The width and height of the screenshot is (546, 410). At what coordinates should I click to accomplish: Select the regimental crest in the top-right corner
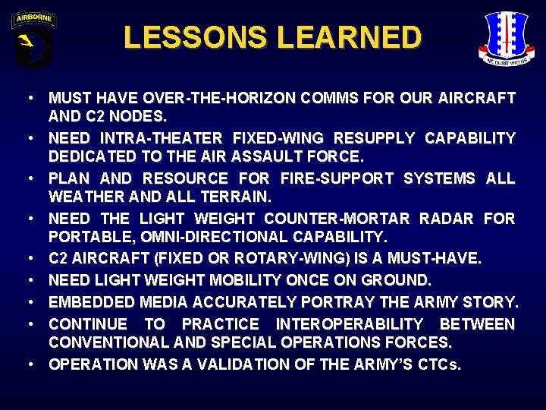click(507, 38)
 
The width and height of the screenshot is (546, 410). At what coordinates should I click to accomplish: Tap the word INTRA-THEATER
click(159, 138)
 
